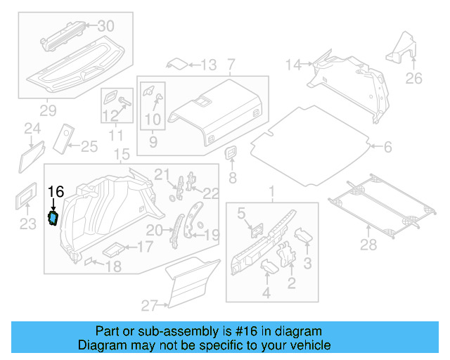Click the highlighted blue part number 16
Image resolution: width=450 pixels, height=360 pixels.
(x=53, y=219)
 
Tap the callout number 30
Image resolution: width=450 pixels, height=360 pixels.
(x=105, y=26)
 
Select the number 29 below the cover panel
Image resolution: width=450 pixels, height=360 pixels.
(x=48, y=111)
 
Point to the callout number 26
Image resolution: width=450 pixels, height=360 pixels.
(x=414, y=78)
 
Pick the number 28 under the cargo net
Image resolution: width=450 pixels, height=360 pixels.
(x=368, y=245)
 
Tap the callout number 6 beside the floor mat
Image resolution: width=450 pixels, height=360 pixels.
(x=387, y=147)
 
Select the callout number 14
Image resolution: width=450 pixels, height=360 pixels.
(x=292, y=65)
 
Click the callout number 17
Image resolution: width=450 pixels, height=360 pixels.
(x=144, y=247)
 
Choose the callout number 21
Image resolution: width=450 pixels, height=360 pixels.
(x=162, y=174)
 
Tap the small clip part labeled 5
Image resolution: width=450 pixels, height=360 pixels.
(x=256, y=228)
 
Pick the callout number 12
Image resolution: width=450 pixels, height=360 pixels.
(x=110, y=115)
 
